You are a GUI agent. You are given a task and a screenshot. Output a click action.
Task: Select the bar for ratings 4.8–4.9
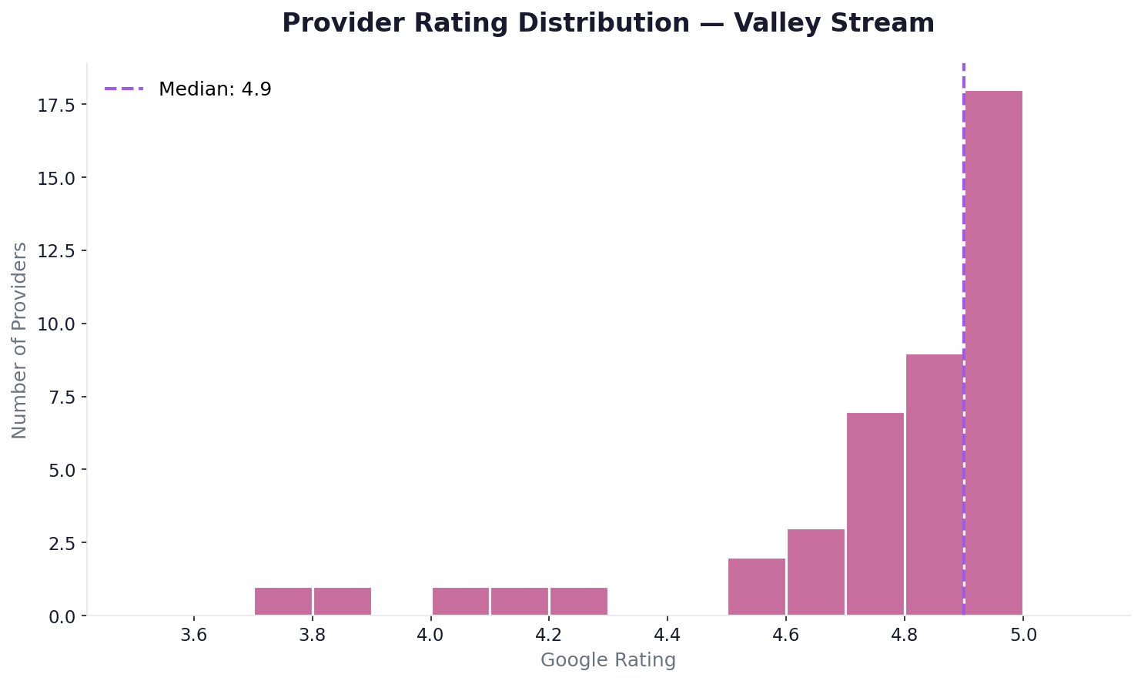[x=935, y=485]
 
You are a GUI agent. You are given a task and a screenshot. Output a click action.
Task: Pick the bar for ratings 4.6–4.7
[x=816, y=572]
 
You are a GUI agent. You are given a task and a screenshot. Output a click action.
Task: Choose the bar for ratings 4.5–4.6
[x=757, y=587]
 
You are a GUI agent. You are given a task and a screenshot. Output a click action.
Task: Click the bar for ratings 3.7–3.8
[x=283, y=602]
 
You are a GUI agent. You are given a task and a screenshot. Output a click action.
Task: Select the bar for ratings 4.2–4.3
[x=579, y=602]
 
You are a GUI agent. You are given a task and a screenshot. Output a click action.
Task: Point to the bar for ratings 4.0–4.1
[x=460, y=602]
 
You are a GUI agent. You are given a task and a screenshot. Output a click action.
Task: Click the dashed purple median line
[x=964, y=231]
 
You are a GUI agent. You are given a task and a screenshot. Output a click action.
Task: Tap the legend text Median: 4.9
[x=215, y=89]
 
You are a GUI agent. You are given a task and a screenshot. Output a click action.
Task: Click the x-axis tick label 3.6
[x=194, y=636]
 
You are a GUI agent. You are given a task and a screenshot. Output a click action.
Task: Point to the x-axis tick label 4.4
[x=668, y=636]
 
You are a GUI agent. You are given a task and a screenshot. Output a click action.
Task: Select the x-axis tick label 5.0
[x=1022, y=636]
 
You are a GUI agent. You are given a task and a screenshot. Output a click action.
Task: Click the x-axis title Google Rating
[x=608, y=660]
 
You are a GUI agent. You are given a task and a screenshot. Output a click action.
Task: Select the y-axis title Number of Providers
[x=20, y=340]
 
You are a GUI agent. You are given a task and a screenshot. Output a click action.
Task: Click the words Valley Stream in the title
[x=834, y=23]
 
